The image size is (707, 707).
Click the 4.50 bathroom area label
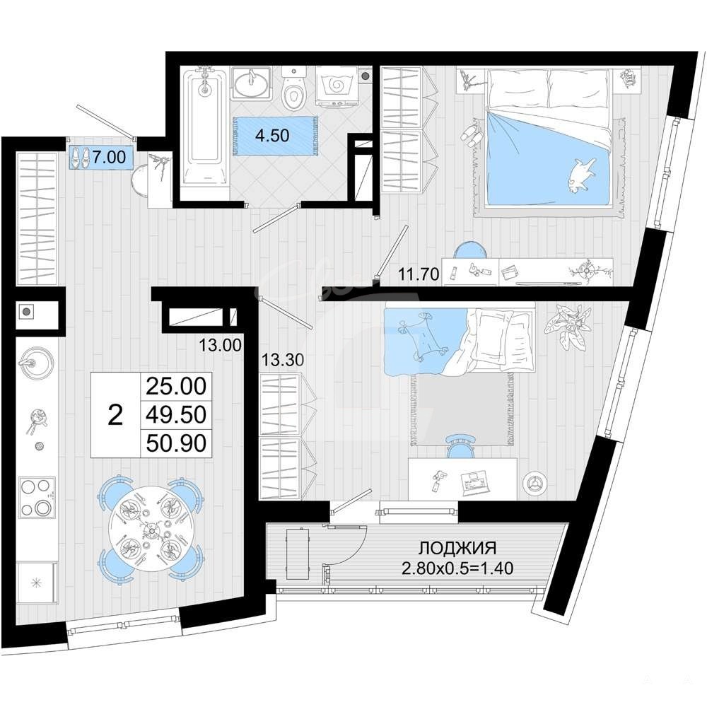click(x=272, y=135)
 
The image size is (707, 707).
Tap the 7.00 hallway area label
click(x=109, y=157)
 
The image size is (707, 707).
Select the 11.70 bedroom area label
click(x=419, y=274)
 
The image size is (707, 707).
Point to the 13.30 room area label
click(x=284, y=359)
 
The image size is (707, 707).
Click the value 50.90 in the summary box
click(x=176, y=443)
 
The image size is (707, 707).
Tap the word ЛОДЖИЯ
click(x=457, y=549)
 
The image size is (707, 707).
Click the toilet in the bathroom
click(x=294, y=91)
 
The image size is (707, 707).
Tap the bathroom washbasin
click(x=251, y=83)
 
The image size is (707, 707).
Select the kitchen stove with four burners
click(x=37, y=498)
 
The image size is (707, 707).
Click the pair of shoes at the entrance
click(x=80, y=158)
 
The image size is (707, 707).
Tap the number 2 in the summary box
click(x=116, y=415)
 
